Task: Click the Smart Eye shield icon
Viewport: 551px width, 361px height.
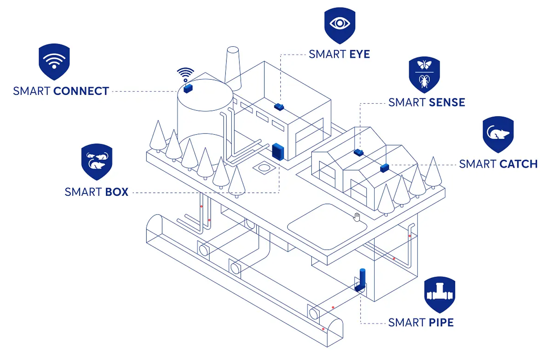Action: tap(340, 24)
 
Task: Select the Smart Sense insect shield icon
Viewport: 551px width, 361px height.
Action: tap(424, 74)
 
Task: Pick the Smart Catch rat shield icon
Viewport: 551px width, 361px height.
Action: tap(498, 134)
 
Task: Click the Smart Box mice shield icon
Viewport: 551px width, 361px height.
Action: tap(97, 161)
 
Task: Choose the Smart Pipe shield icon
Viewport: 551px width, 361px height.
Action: tap(439, 294)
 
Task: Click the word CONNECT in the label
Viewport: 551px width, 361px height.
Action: tap(81, 91)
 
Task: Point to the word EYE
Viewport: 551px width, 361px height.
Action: tap(359, 54)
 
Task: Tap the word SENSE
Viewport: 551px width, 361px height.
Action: tap(446, 102)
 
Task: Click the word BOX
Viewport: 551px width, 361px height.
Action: tap(117, 192)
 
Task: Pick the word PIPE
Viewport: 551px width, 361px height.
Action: tap(441, 323)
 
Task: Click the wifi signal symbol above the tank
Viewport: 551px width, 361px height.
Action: tap(185, 74)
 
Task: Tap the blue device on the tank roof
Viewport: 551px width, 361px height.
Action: tap(188, 89)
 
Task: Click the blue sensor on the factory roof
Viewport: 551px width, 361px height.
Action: tap(279, 107)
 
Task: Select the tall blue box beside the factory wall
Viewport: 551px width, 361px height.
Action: tap(278, 151)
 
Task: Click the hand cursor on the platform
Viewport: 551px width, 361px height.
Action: tap(357, 217)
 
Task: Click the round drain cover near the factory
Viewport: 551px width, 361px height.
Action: tap(264, 167)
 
